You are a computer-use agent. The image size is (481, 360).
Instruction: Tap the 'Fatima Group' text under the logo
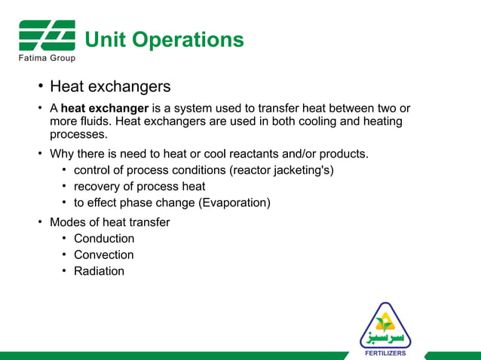pyautogui.click(x=47, y=58)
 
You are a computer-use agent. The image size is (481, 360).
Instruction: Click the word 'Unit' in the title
pyautogui.click(x=106, y=39)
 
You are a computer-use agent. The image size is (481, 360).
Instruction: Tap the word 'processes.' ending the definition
pyautogui.click(x=78, y=135)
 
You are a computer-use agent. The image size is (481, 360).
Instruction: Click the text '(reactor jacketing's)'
pyautogui.click(x=275, y=170)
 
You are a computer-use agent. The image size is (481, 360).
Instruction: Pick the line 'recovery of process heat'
pyautogui.click(x=139, y=187)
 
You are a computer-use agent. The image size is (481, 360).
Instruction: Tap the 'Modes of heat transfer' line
pyautogui.click(x=109, y=222)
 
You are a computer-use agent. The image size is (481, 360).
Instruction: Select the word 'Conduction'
pyautogui.click(x=104, y=239)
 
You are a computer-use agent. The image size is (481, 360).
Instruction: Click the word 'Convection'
pyautogui.click(x=104, y=255)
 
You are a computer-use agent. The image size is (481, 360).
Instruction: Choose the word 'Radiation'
pyautogui.click(x=99, y=271)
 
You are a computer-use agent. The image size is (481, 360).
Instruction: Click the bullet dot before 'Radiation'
pyautogui.click(x=65, y=271)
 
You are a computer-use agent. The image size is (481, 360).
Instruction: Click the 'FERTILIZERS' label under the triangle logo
pyautogui.click(x=385, y=352)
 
